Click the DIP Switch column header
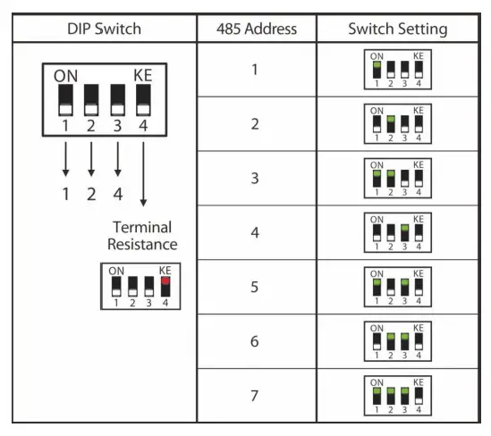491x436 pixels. (x=105, y=29)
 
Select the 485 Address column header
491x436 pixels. (x=257, y=29)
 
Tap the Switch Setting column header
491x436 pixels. (x=398, y=29)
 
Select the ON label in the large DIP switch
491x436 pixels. (x=66, y=76)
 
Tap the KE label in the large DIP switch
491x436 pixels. (x=142, y=76)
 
